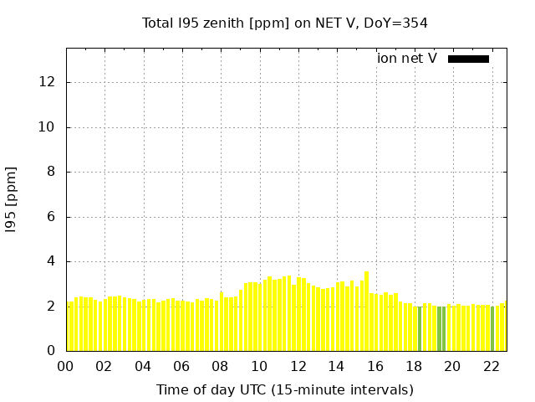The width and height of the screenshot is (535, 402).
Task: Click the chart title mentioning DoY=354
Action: tap(285, 23)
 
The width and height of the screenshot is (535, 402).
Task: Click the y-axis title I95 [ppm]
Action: tap(12, 199)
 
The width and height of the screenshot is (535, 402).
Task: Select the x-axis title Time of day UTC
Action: tap(285, 389)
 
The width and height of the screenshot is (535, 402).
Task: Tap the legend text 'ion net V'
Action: tap(407, 59)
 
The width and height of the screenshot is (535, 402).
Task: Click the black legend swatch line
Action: tap(468, 59)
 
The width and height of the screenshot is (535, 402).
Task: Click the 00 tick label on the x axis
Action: tap(65, 366)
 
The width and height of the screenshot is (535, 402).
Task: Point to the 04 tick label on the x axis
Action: tap(143, 366)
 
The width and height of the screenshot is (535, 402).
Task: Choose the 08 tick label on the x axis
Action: tap(220, 366)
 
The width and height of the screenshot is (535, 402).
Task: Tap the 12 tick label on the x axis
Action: tap(298, 366)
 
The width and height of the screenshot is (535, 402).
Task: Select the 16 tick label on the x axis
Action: tap(375, 366)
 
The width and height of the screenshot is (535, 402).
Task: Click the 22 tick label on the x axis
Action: tap(492, 366)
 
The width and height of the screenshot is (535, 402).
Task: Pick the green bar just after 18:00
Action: tap(420, 328)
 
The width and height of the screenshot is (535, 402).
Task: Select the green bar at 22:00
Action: tap(492, 328)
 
